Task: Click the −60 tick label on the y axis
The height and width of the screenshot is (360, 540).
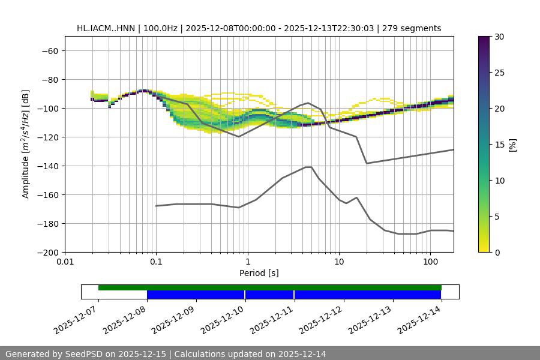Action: click(49, 51)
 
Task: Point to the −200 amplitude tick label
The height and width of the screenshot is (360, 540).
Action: click(47, 253)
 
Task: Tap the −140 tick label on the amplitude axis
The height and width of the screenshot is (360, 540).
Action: click(47, 166)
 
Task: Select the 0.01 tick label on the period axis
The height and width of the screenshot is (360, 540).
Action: click(65, 262)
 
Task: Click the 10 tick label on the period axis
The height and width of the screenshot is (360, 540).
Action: click(339, 262)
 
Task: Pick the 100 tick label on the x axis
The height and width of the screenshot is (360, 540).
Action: click(430, 262)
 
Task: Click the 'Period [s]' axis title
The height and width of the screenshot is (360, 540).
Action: click(259, 274)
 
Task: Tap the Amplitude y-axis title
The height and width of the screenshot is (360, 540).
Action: click(26, 144)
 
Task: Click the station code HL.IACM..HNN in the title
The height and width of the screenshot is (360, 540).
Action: click(106, 28)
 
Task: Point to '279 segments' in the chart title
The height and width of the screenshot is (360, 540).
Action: click(413, 28)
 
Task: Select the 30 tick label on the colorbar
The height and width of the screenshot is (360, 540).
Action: click(499, 37)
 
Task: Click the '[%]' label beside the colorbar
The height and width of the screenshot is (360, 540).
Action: click(512, 145)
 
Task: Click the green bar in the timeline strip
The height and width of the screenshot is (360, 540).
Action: click(270, 287)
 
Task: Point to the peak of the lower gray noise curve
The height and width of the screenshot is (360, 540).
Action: click(308, 167)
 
